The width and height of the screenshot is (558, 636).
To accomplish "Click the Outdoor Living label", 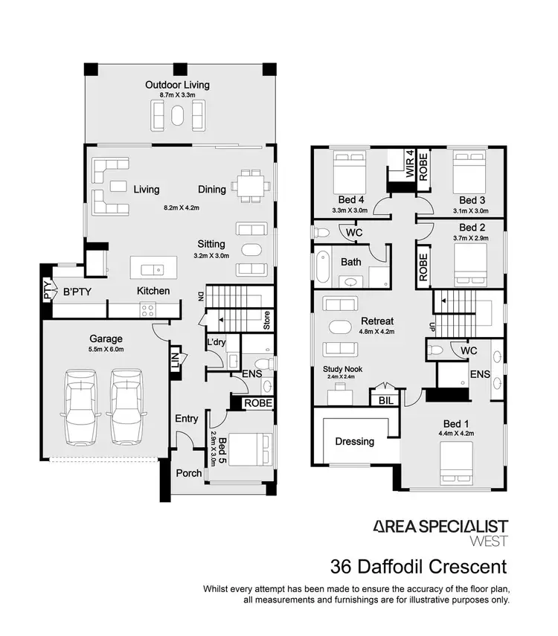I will click(177, 85).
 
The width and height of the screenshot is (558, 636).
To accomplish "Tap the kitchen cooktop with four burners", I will click(147, 311).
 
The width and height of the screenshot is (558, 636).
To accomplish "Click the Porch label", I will click(189, 473).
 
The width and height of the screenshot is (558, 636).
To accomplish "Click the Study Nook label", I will click(342, 368).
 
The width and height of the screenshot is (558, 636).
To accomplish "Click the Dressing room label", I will click(354, 441).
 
